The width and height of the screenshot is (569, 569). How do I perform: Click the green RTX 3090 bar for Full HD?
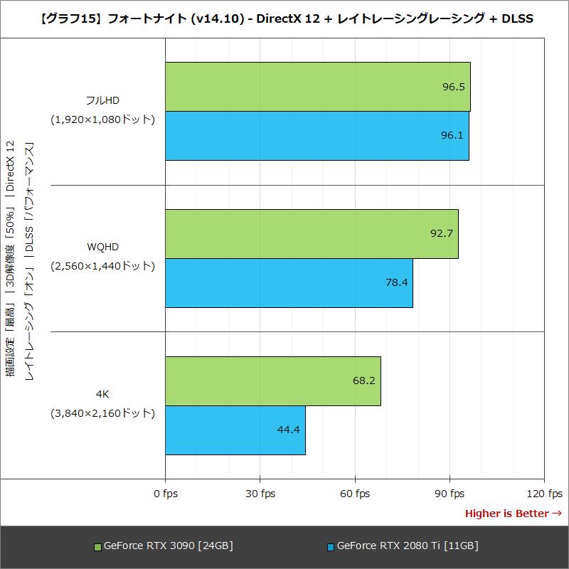tap(317, 87)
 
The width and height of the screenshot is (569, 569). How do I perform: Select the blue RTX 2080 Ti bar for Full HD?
tap(317, 136)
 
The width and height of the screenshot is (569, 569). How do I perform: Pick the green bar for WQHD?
tap(312, 234)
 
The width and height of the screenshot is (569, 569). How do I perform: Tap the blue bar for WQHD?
tap(289, 283)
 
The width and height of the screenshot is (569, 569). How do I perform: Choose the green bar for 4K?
tap(273, 381)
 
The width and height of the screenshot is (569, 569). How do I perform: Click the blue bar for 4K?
tap(235, 430)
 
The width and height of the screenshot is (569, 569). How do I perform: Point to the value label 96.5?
tap(453, 87)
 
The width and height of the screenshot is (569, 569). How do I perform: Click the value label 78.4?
tap(396, 282)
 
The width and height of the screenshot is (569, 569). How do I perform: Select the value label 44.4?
tap(289, 430)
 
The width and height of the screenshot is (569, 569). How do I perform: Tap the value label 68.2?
tap(364, 381)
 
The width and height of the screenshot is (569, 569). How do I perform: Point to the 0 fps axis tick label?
tap(166, 494)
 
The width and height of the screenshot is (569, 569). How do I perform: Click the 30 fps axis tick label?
tap(260, 494)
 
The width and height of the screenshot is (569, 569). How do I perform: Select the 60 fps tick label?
tap(355, 494)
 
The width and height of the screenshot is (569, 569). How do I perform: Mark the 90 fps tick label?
tap(450, 494)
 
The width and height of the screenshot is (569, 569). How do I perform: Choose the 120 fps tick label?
tap(544, 494)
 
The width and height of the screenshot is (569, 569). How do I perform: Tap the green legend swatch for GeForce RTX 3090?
tap(98, 547)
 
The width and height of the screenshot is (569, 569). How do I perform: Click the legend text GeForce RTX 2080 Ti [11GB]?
tap(407, 546)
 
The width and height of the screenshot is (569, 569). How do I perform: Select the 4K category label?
tap(102, 394)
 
